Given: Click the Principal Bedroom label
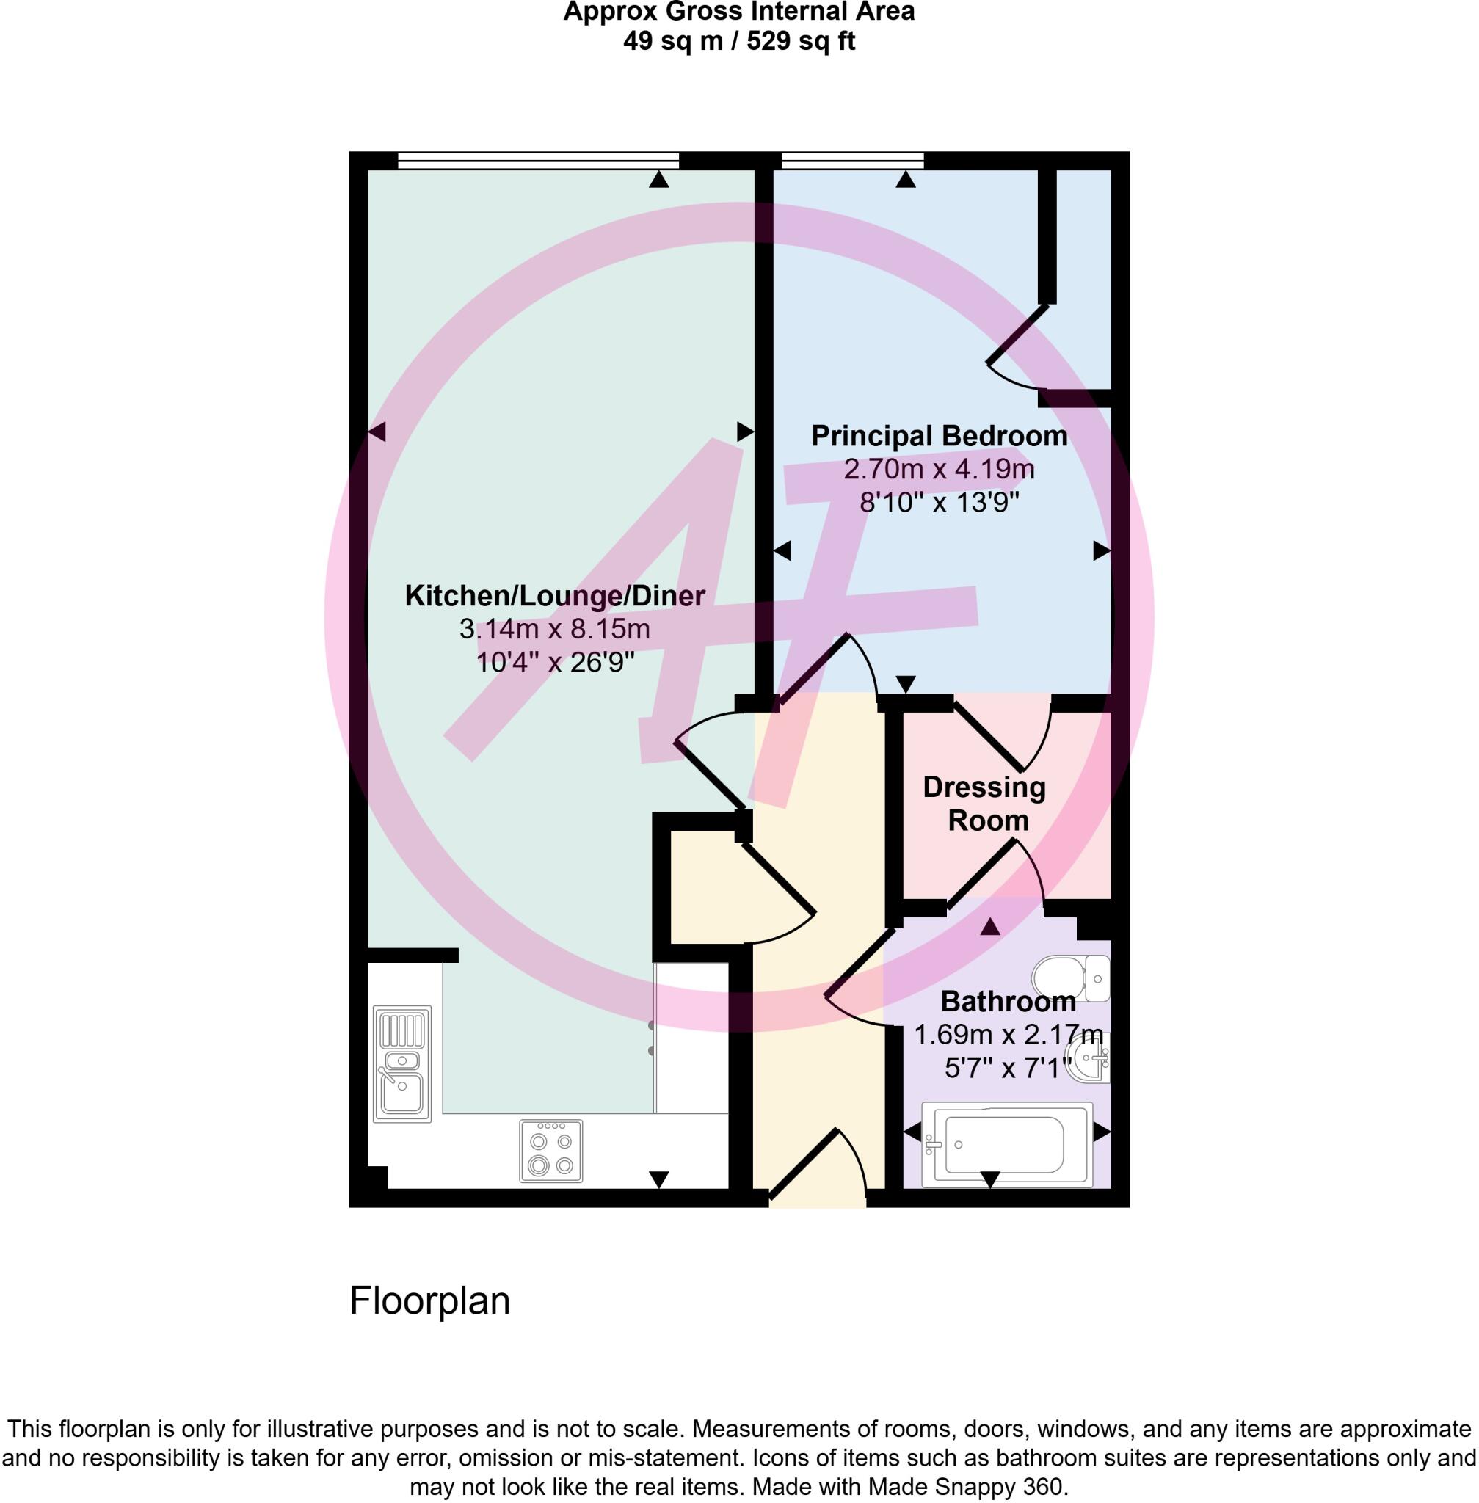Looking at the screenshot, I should pos(938,437).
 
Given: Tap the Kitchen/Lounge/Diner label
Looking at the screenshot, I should pos(555,596).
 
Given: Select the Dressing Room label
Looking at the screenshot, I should pos(985,804).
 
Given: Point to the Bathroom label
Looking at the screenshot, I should pos(1008,1002).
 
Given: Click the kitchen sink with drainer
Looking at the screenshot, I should pos(401,1063).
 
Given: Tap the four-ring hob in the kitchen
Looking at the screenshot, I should pos(550,1151).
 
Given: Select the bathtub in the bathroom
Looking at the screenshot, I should pos(1006,1145).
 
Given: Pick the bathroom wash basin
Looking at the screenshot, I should pos(1089,1058).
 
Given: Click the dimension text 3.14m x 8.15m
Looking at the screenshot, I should pos(554,629).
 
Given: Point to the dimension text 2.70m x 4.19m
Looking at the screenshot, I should pos(938,470).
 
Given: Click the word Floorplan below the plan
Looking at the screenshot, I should pos(429,1300).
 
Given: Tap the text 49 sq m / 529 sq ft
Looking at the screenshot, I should pos(738,41).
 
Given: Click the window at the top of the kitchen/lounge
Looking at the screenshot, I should pos(537,161).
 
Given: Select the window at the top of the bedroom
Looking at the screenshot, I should pos(852,161).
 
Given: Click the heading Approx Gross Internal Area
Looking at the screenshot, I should pos(738,12).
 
